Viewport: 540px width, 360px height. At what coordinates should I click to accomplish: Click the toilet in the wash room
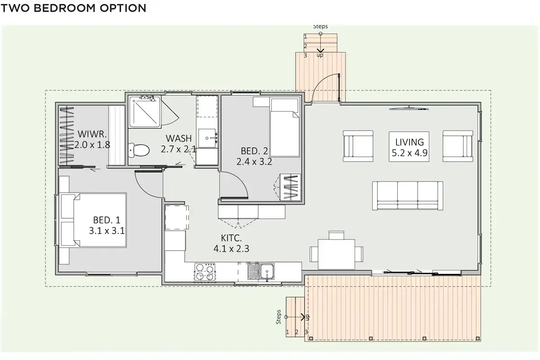pos(139,150)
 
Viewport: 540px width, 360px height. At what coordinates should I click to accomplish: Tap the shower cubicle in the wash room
pos(144,112)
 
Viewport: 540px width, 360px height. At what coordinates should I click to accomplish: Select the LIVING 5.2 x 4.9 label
pos(409,147)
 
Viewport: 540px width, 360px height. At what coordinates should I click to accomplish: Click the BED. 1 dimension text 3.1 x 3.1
pos(107,231)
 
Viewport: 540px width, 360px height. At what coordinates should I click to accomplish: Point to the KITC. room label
pos(231,238)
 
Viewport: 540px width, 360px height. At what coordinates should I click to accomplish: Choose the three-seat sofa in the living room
pos(407,196)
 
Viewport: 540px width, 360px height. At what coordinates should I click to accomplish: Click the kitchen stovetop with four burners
pos(205,272)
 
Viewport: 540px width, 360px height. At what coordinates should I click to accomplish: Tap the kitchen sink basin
pos(261,271)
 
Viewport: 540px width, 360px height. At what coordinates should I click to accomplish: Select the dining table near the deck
pos(336,254)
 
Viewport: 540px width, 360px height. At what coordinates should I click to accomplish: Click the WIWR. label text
pos(92,134)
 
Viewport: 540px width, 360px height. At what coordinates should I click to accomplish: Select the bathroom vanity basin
pos(207,138)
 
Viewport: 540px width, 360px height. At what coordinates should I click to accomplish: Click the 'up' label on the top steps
pos(320,55)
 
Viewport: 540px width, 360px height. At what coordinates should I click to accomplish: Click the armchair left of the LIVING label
pos(358,146)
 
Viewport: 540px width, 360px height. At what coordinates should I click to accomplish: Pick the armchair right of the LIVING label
pos(458,146)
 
